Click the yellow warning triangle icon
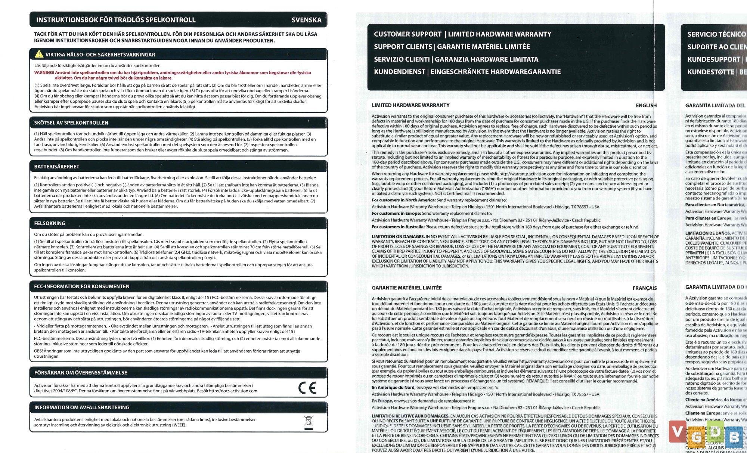(39, 54)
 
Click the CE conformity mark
(307, 388)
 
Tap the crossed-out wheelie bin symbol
(309, 422)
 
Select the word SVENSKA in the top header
(306, 20)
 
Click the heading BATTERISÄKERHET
(57, 167)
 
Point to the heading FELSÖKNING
(50, 223)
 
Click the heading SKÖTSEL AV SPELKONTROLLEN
(71, 123)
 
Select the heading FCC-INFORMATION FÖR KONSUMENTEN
(82, 286)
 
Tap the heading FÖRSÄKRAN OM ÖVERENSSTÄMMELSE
(81, 373)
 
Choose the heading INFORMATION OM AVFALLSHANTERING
(82, 407)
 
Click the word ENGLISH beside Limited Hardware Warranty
(646, 106)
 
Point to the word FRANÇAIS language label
(644, 288)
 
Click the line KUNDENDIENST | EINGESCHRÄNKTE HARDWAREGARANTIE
(467, 72)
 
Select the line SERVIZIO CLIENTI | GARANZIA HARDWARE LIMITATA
(456, 59)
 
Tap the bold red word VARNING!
(44, 73)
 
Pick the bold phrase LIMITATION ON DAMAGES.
(398, 237)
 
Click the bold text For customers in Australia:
(398, 227)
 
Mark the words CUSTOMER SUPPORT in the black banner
(407, 34)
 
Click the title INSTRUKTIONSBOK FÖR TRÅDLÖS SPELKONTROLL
(116, 20)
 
